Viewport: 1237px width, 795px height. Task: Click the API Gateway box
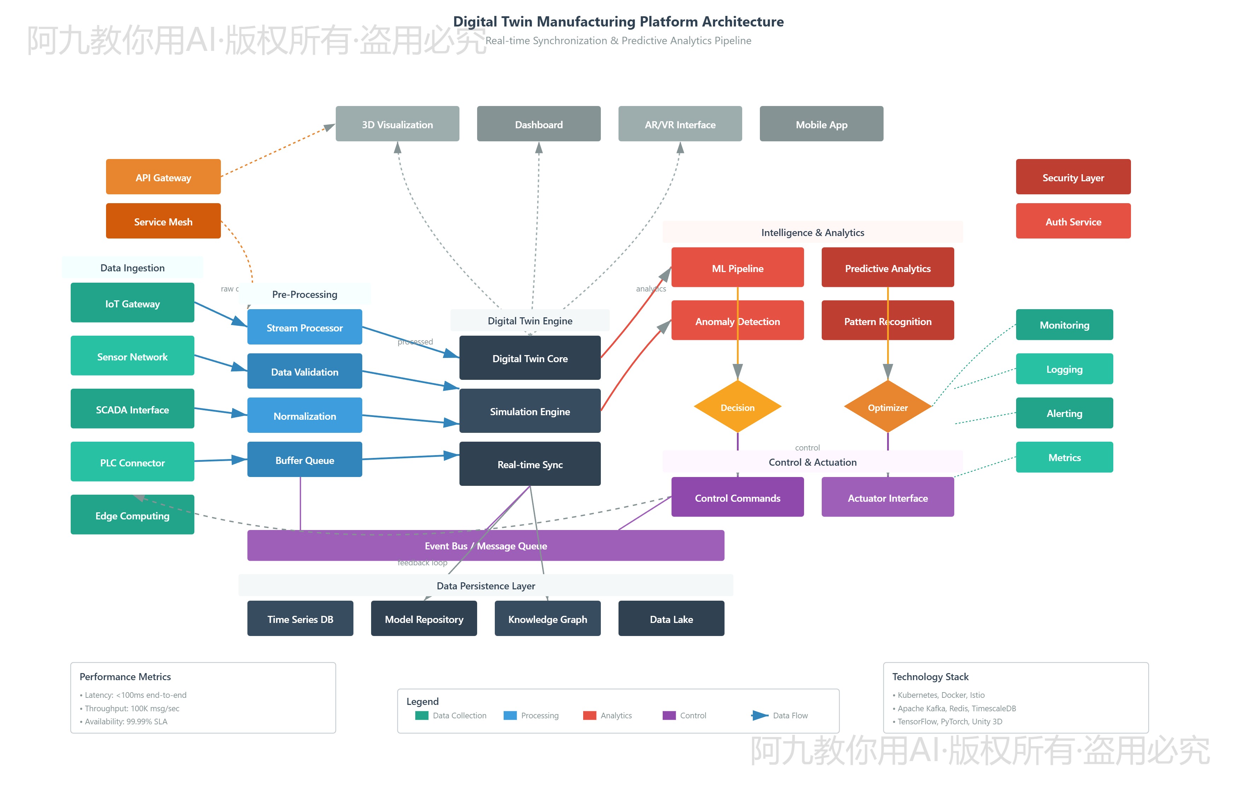point(163,177)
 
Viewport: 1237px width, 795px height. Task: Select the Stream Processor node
point(305,327)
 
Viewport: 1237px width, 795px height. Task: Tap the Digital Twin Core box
point(530,358)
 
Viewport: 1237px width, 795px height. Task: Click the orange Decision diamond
point(737,407)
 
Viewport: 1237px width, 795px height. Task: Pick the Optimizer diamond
point(887,407)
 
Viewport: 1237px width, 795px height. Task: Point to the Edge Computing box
point(132,515)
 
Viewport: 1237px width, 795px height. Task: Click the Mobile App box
point(821,124)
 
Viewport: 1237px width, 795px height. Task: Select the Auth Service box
point(1073,222)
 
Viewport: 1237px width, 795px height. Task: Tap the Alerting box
point(1064,413)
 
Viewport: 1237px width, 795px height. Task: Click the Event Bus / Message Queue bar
point(485,546)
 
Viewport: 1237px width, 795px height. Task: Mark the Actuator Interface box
point(887,497)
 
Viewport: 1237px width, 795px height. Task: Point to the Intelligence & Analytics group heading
point(812,232)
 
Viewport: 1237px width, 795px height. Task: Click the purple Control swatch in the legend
point(669,715)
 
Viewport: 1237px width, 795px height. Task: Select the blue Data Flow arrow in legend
point(760,715)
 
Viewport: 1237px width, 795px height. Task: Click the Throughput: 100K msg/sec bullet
point(132,708)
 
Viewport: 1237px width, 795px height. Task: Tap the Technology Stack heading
point(930,676)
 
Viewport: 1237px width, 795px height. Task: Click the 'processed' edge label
point(415,342)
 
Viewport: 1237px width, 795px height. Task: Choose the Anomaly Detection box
point(737,321)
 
